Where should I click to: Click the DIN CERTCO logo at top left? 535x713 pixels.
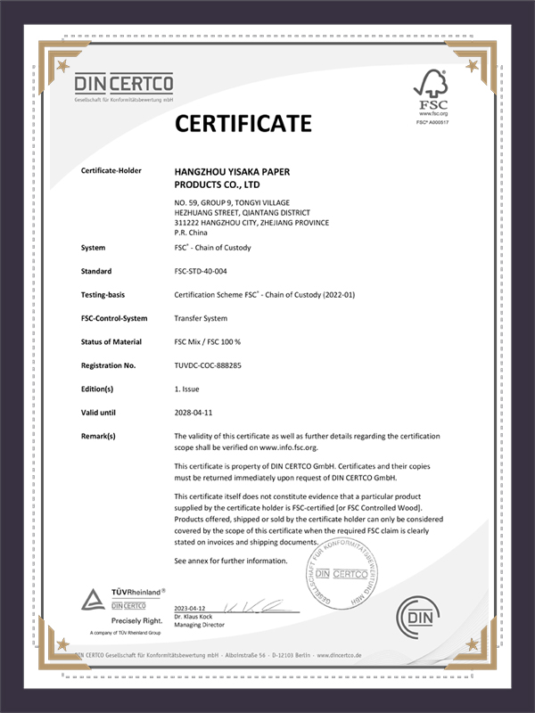coord(124,87)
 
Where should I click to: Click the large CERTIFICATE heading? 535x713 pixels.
coord(243,122)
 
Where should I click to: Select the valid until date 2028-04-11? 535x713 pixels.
coord(196,412)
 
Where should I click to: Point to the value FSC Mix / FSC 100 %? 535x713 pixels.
coord(215,342)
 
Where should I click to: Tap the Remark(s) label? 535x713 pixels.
coord(99,436)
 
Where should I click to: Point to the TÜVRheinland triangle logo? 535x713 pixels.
coord(95,598)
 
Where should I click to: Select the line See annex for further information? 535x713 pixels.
coord(231,561)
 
